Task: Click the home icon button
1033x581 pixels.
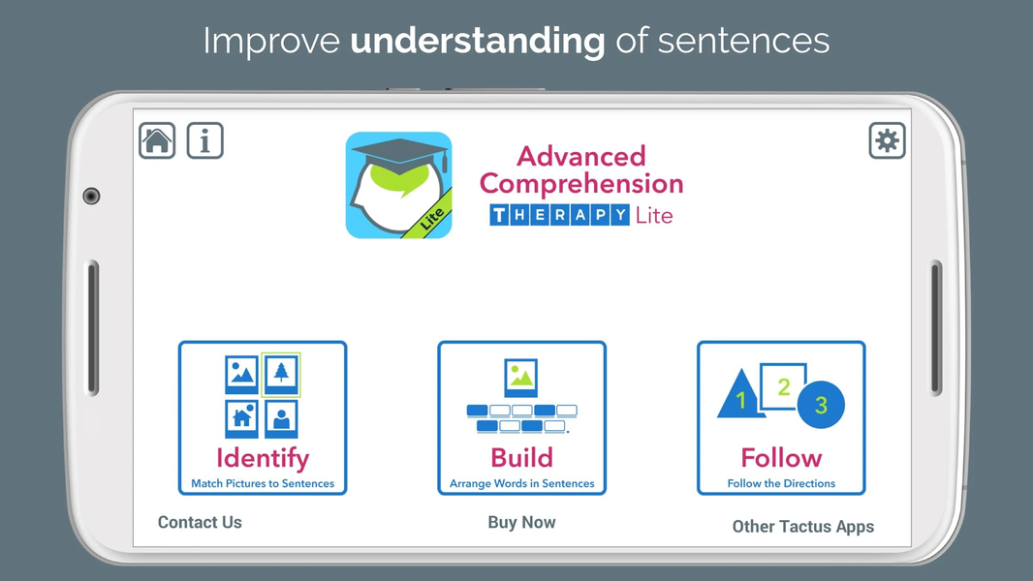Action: click(x=157, y=140)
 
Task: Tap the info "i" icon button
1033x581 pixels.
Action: click(x=204, y=140)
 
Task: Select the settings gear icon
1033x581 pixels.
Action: click(x=887, y=140)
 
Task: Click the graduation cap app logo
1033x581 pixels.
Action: click(x=398, y=185)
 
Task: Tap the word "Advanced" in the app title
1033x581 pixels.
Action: click(x=581, y=156)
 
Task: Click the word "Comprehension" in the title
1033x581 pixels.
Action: click(x=581, y=184)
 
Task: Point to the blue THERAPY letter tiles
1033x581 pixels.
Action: click(x=559, y=215)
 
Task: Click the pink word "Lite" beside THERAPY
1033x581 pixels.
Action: click(x=653, y=215)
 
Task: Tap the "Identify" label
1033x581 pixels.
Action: click(x=263, y=458)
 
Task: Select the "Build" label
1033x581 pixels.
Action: click(x=521, y=457)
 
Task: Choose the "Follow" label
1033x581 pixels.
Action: click(x=781, y=457)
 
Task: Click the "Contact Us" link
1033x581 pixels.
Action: click(x=200, y=522)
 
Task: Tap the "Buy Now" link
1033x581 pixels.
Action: click(x=521, y=522)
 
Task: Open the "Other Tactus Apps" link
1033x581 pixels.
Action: click(x=803, y=527)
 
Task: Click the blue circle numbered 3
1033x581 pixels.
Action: click(x=821, y=405)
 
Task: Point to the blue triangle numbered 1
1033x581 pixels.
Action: click(x=741, y=397)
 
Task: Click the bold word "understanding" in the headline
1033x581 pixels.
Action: click(x=478, y=41)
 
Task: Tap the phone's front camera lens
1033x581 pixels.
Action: click(x=91, y=196)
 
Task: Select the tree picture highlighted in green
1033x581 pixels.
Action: click(x=281, y=375)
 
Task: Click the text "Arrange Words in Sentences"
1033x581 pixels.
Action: click(x=521, y=483)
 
